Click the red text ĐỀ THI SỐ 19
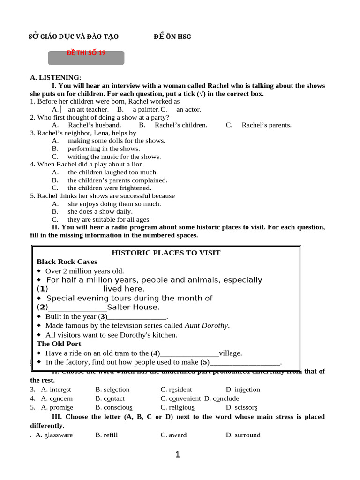click(87, 53)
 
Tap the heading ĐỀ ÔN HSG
click(172, 37)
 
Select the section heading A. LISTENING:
click(56, 77)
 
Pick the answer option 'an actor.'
click(188, 109)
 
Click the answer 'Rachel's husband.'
click(94, 125)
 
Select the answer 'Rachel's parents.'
click(266, 125)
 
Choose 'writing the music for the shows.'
click(114, 157)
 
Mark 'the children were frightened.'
click(109, 188)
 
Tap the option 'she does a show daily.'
click(100, 211)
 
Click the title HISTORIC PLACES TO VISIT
click(166, 253)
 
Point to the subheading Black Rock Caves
click(67, 262)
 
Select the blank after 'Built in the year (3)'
click(137, 317)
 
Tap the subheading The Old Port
click(59, 344)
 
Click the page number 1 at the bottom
click(177, 455)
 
